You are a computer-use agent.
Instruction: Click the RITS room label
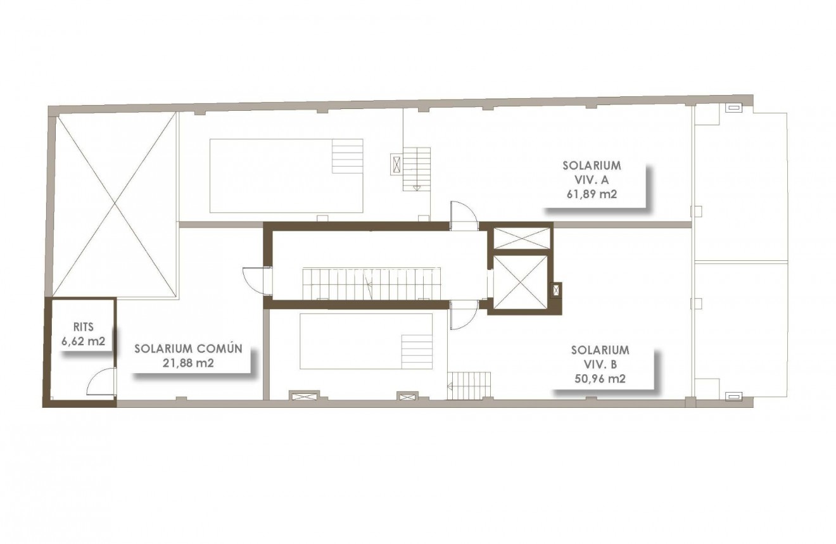pyautogui.click(x=83, y=327)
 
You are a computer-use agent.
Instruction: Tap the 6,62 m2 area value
pyautogui.click(x=83, y=342)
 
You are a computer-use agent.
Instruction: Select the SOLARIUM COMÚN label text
pyautogui.click(x=188, y=349)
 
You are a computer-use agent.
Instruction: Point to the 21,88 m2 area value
pyautogui.click(x=188, y=364)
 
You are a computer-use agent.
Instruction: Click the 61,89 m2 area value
pyautogui.click(x=592, y=194)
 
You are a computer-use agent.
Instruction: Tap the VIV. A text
pyautogui.click(x=592, y=180)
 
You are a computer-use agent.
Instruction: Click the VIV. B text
pyautogui.click(x=600, y=364)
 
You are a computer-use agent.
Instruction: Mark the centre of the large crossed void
pyautogui.click(x=115, y=205)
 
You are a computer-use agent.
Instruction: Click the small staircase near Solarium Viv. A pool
pyautogui.click(x=417, y=168)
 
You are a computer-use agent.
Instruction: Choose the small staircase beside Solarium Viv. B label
pyautogui.click(x=469, y=384)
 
